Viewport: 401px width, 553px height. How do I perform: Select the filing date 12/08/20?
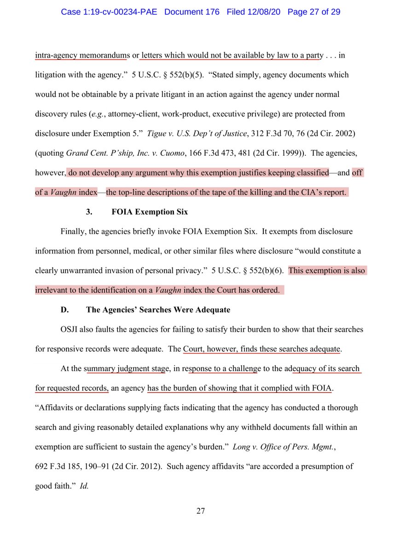pos(264,12)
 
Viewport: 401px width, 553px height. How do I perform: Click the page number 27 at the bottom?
pos(200,511)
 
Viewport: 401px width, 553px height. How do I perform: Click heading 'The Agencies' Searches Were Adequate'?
pos(158,310)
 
